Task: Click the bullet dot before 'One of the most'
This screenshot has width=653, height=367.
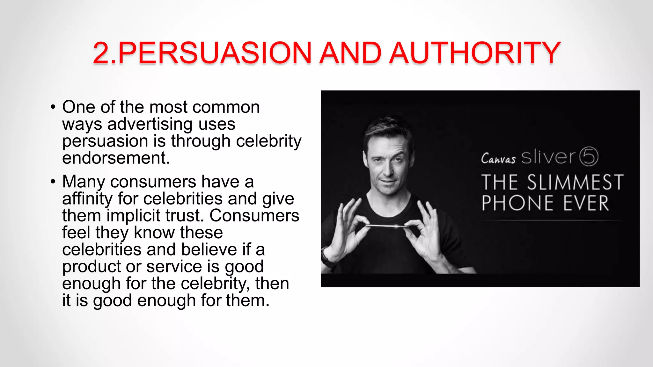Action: point(53,107)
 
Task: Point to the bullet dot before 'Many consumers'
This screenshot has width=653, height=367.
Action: point(53,182)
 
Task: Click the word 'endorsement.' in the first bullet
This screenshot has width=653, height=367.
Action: point(116,158)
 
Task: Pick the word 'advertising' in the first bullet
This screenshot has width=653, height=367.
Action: point(150,124)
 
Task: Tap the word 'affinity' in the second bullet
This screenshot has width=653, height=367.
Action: point(87,199)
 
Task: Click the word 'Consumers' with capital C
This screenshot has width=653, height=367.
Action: point(254,216)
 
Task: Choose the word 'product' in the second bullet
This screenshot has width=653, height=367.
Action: point(91,267)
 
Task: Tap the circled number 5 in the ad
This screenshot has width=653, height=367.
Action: point(589,156)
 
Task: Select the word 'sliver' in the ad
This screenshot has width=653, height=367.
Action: point(548,157)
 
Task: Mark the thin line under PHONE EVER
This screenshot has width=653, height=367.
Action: point(552,220)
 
